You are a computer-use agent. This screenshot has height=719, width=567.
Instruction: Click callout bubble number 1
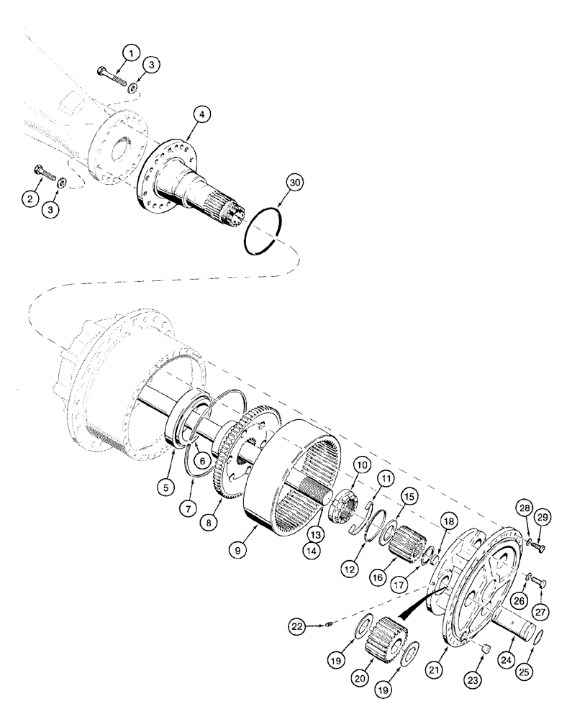(130, 52)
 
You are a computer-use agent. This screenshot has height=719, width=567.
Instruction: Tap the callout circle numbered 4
(201, 114)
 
